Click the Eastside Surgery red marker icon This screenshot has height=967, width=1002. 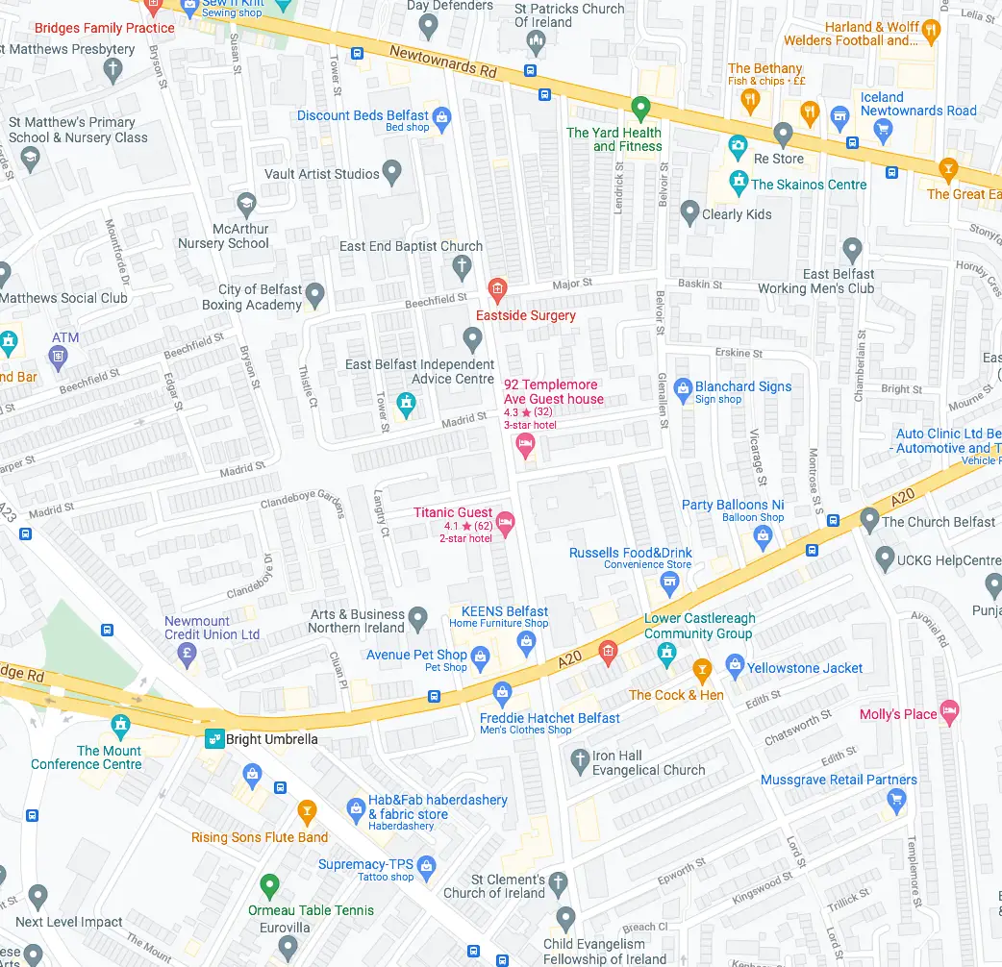point(497,287)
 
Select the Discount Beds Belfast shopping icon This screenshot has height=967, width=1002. point(441,118)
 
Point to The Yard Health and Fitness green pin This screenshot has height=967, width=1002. point(640,108)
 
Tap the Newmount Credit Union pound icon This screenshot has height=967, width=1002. point(188,655)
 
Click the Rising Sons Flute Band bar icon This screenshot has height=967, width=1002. point(307,813)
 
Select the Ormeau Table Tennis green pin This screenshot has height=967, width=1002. point(269,885)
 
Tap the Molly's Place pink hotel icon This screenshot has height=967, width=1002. point(949,712)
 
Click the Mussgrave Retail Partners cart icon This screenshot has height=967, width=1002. point(896,799)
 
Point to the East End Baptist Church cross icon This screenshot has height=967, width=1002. point(462,265)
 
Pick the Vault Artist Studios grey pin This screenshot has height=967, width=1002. point(391,173)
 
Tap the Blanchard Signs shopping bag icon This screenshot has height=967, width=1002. point(683,388)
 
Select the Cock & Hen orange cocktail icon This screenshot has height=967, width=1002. point(702,668)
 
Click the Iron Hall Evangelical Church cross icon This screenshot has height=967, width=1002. point(579,762)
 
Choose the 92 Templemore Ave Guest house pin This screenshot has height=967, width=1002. point(525,443)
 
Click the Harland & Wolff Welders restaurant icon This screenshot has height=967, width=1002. point(930,33)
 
